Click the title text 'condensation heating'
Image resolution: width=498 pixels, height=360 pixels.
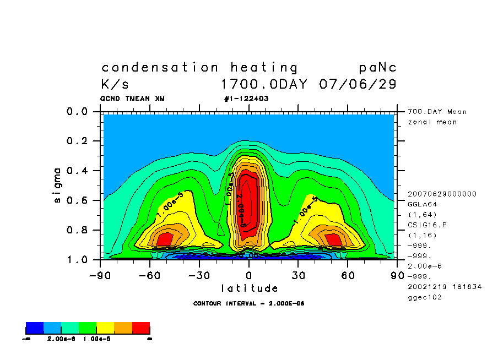pos(199,68)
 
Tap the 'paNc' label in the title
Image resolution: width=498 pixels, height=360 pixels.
pos(377,68)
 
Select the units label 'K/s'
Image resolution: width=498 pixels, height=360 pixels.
pos(115,85)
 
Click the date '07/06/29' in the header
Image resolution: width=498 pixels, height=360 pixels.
pos(358,85)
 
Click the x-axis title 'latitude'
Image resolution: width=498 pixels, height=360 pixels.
pos(250,288)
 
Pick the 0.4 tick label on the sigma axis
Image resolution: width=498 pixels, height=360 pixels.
pos(77,171)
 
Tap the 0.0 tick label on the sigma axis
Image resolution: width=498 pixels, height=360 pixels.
pos(77,112)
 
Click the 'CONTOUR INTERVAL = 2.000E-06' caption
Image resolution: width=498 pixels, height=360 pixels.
pos(249,303)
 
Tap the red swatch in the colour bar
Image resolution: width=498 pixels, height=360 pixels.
pos(140,329)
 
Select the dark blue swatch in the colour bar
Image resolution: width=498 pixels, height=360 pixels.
pos(35,329)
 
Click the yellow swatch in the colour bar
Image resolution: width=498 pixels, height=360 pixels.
pos(105,329)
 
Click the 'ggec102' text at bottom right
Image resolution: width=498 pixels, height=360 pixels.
pos(424,297)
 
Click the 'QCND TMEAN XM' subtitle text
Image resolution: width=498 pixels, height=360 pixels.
pos(132,99)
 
